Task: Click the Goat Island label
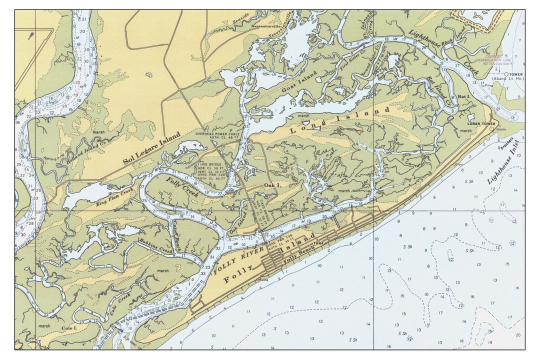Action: coord(300,83)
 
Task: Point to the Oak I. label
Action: coord(272,185)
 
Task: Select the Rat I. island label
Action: coord(463,95)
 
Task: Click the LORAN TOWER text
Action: coord(481,123)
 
